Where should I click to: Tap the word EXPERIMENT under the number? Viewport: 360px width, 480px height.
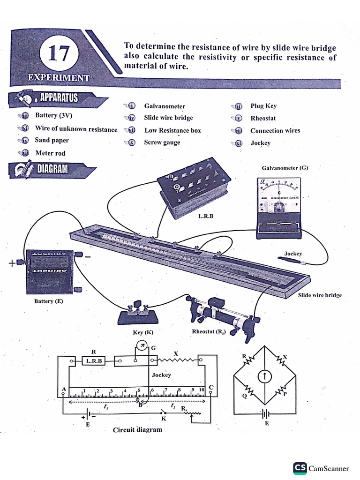point(59,78)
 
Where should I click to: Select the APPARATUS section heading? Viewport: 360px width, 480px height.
point(59,98)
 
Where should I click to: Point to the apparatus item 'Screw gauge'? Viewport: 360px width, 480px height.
point(162,142)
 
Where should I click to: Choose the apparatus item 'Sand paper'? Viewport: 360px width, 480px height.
point(52,140)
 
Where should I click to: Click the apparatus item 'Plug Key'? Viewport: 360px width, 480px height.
point(263,106)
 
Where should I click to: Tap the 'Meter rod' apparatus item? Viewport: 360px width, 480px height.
point(50,153)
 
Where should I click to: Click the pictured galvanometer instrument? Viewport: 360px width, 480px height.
point(278,206)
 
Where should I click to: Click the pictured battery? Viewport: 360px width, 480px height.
point(50,272)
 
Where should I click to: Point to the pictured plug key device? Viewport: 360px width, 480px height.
point(137,313)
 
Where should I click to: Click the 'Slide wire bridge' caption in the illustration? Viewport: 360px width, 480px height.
point(320,295)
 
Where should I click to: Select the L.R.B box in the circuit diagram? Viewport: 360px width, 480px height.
point(94,361)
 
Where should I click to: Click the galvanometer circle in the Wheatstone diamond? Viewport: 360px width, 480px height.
point(265,376)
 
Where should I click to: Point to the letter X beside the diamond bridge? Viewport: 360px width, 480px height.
point(285,357)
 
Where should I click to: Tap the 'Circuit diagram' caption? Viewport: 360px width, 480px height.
point(137,429)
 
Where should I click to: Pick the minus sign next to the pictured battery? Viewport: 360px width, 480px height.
point(88,256)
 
